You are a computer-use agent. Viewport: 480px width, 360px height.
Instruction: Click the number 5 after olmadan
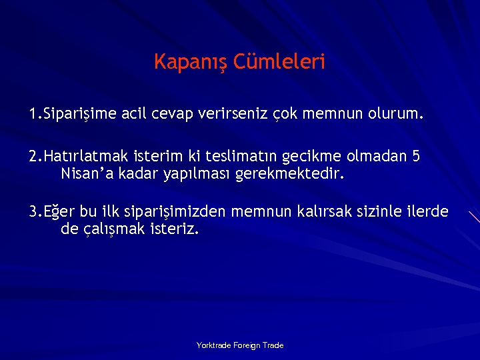click(x=416, y=157)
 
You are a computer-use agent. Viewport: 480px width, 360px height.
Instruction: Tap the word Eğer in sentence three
click(x=59, y=213)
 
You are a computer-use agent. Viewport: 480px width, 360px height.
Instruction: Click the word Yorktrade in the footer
click(x=213, y=345)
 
